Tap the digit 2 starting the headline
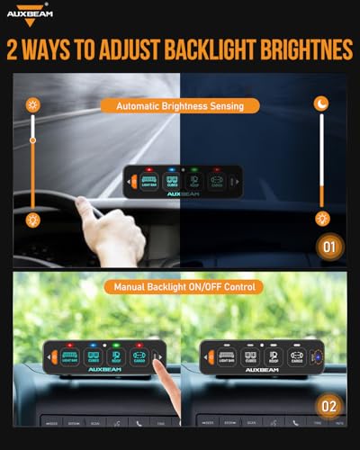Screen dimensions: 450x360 coord(16,48)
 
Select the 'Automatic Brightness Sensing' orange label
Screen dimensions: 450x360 coord(181,105)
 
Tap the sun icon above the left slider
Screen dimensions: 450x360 coord(33,105)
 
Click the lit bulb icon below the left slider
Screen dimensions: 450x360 coord(33,219)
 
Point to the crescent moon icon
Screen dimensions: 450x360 coord(322,105)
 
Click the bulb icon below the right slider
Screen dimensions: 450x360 coord(322,219)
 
